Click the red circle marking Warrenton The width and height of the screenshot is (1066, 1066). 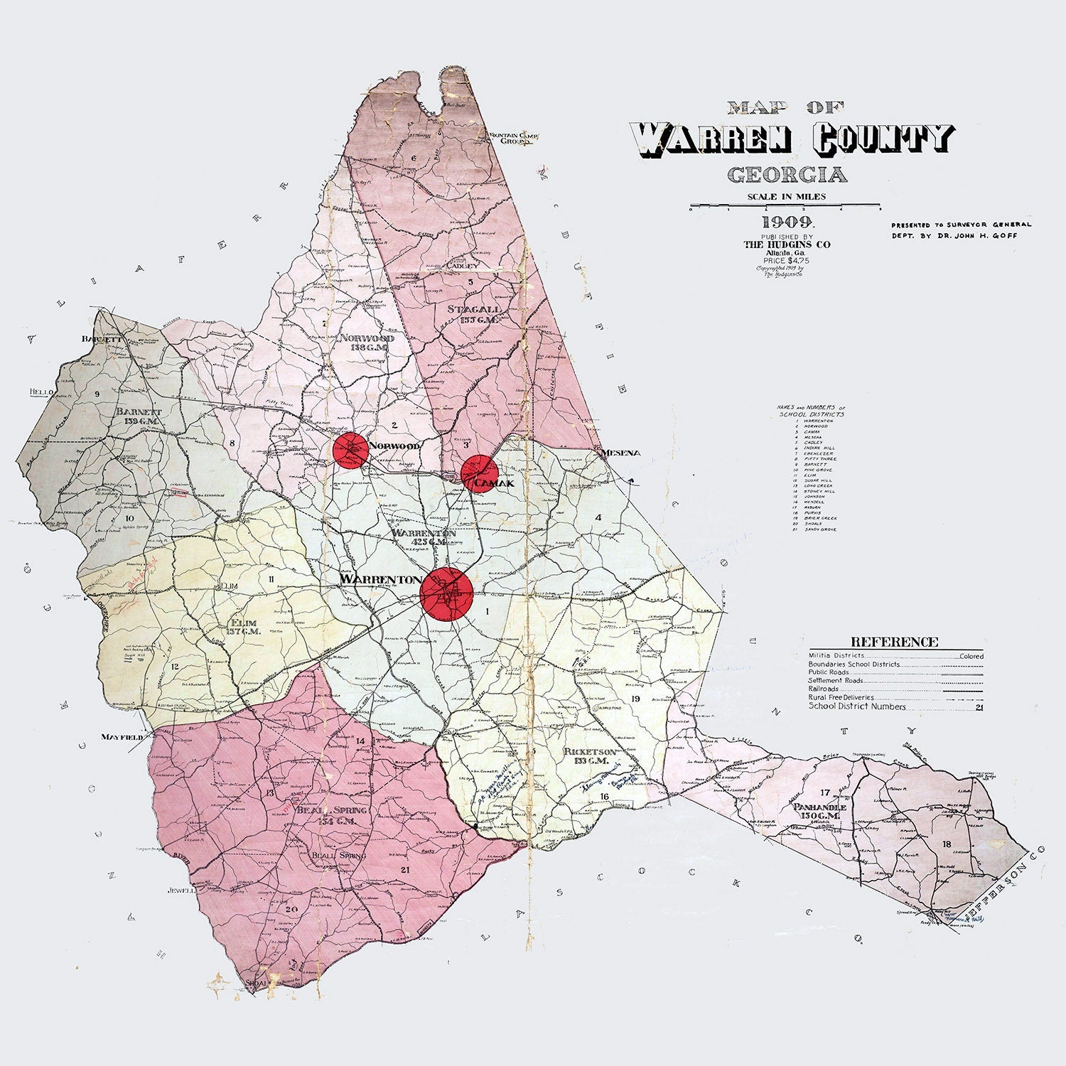[446, 593]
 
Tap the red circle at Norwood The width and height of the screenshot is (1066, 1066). [350, 449]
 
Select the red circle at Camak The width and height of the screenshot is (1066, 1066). [478, 473]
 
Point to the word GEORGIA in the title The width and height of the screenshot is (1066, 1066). [787, 175]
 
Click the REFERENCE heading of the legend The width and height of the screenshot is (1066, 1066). [894, 642]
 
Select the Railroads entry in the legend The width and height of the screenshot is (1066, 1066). [824, 689]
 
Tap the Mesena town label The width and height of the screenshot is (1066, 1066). [620, 453]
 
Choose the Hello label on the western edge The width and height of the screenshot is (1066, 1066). [41, 392]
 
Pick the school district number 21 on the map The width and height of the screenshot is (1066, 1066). [406, 869]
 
